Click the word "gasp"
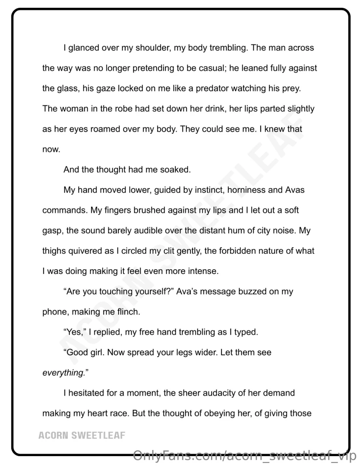[52, 231]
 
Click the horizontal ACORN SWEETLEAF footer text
[82, 435]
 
